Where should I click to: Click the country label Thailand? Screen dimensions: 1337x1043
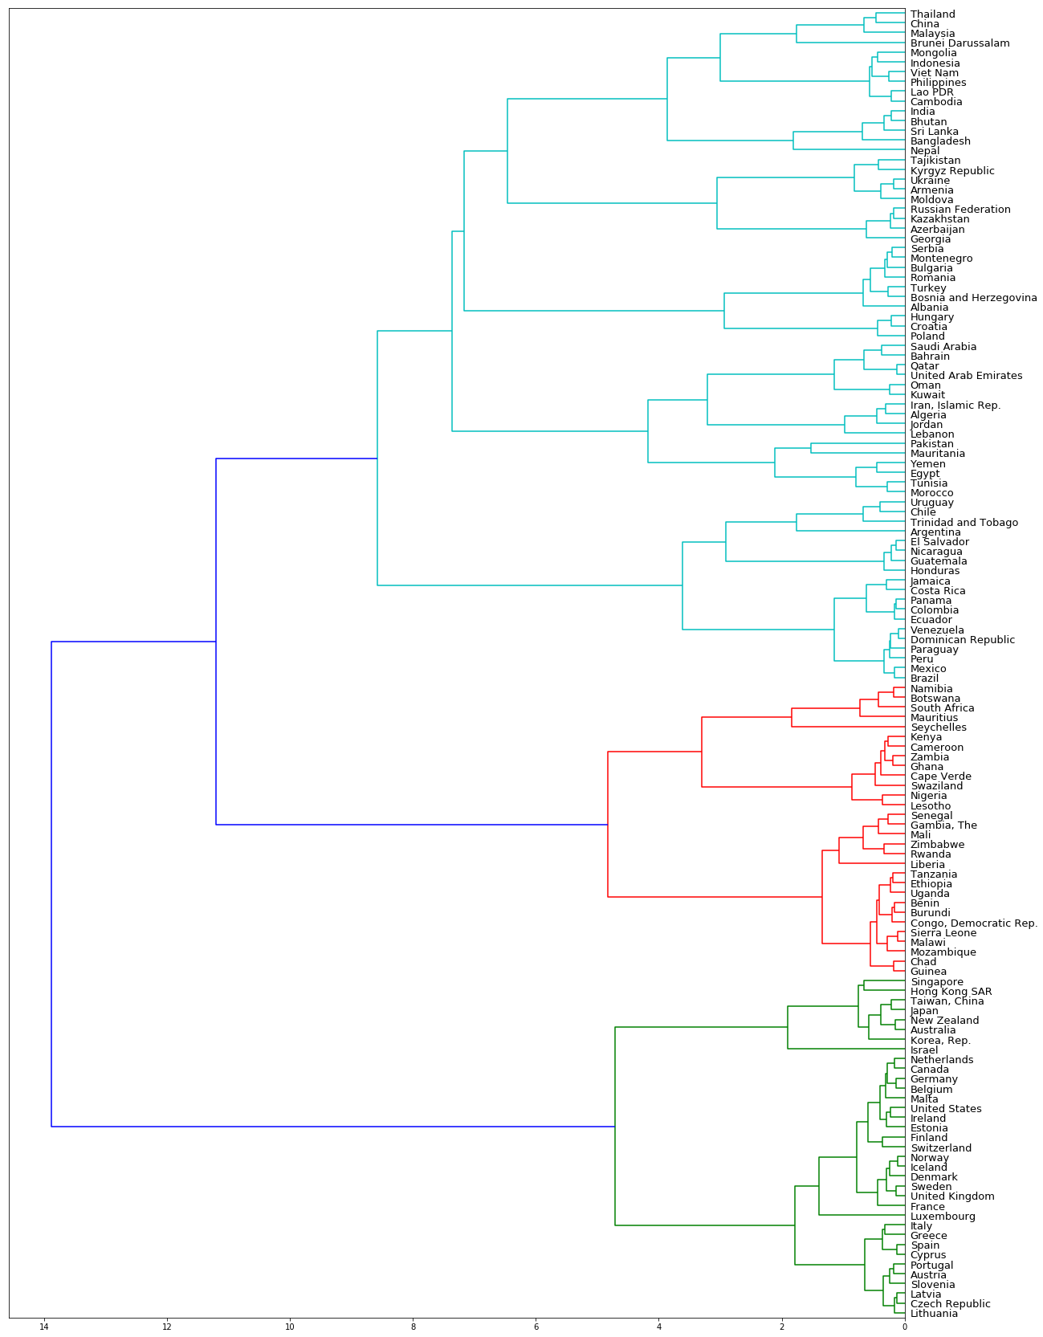[x=932, y=14]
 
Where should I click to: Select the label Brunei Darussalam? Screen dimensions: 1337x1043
[x=959, y=43]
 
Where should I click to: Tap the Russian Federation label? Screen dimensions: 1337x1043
[x=959, y=210]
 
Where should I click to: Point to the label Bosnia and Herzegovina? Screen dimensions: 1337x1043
[x=973, y=298]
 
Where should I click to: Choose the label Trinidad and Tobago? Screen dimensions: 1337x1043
[x=964, y=523]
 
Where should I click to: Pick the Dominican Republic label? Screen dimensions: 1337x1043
[x=962, y=640]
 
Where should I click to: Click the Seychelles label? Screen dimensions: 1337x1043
[x=938, y=728]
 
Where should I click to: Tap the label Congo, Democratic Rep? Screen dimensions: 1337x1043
[x=973, y=923]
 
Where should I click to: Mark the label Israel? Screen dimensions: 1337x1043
[x=923, y=1050]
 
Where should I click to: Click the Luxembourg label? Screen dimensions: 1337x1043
[x=943, y=1217]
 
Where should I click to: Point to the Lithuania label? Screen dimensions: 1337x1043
[x=934, y=1314]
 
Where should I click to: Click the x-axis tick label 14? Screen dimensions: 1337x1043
[x=43, y=1327]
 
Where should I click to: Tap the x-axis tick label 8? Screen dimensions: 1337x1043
[x=413, y=1327]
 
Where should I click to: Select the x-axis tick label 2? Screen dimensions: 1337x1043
[x=781, y=1327]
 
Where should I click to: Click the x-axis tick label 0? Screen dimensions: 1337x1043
[x=905, y=1327]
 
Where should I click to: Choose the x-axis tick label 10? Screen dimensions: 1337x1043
[x=290, y=1327]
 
